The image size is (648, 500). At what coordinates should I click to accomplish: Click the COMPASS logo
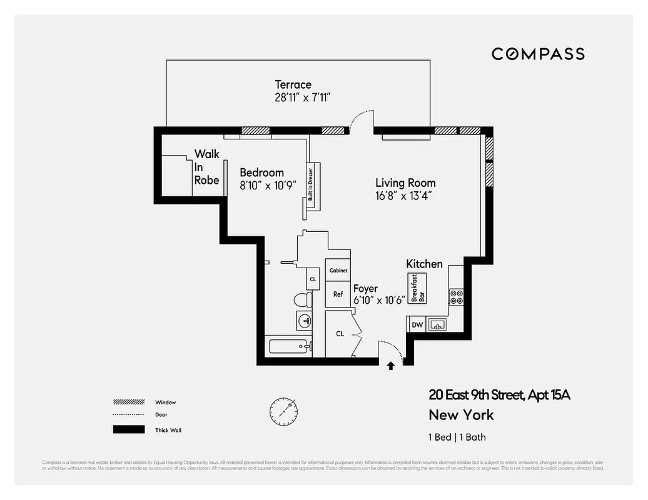(538, 54)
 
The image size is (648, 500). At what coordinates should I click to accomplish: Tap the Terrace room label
(293, 84)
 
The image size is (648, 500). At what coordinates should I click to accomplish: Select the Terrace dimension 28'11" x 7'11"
(302, 97)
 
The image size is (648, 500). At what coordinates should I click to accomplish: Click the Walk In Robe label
(206, 167)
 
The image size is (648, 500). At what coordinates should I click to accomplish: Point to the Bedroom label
(262, 172)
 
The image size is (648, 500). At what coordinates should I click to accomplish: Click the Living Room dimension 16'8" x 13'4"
(405, 196)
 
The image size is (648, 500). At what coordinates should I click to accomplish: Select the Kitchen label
(424, 264)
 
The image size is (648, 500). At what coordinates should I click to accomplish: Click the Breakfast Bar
(417, 288)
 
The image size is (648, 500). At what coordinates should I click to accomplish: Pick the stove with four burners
(455, 296)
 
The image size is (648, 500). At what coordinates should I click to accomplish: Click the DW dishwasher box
(417, 324)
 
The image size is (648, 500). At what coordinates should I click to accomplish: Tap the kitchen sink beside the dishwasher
(438, 324)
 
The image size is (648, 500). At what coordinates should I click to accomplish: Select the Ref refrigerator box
(338, 294)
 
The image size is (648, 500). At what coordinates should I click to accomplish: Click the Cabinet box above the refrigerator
(338, 271)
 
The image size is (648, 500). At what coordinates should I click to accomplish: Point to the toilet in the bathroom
(303, 299)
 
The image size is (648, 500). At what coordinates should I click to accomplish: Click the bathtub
(288, 346)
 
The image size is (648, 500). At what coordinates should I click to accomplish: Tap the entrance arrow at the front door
(392, 366)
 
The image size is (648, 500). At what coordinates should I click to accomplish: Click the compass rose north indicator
(283, 411)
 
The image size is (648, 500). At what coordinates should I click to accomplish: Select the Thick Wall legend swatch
(128, 430)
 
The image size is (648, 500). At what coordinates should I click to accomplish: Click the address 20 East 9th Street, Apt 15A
(499, 395)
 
